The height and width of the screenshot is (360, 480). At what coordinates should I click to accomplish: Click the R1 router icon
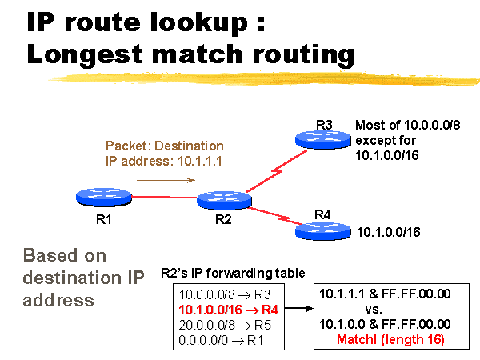point(104,197)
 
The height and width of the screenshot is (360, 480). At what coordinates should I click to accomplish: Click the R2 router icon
point(224,200)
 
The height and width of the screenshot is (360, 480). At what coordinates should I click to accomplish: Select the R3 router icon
point(323,139)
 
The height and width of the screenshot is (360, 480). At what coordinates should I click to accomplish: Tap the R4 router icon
point(323,231)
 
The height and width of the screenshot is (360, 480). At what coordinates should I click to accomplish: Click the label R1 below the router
point(104,219)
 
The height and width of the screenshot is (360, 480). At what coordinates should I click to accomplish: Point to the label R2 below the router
point(223,219)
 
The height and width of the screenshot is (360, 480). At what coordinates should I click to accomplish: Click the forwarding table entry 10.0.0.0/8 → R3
point(225,294)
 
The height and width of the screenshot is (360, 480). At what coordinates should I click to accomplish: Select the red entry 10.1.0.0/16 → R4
point(228,310)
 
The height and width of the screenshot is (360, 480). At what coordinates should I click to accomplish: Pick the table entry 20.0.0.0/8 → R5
point(225,325)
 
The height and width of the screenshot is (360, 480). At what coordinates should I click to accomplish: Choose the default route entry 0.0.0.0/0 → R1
point(221,340)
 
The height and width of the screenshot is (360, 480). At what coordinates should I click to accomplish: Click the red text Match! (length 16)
point(390,339)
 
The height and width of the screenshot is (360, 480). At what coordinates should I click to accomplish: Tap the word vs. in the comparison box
point(374,310)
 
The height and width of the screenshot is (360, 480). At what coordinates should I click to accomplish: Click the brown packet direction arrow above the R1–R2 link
point(166,180)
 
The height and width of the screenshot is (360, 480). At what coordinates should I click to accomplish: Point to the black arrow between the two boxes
point(299,308)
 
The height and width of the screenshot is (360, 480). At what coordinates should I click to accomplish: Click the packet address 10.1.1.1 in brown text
point(199,161)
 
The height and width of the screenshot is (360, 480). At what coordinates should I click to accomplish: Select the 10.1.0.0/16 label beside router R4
point(389,232)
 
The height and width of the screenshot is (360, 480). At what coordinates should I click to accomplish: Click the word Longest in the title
point(85,54)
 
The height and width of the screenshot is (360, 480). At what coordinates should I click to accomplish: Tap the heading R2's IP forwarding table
point(233,273)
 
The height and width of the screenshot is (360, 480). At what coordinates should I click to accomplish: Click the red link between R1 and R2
point(164,197)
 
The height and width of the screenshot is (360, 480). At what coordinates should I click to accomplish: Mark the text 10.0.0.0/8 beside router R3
point(432,126)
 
